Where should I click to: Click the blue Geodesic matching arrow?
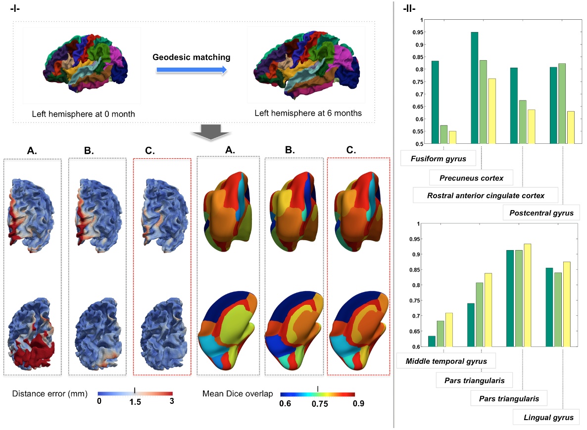(x=192, y=70)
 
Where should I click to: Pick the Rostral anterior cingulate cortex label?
(x=486, y=195)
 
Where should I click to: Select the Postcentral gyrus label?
(x=541, y=213)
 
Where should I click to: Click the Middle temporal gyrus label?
(x=446, y=361)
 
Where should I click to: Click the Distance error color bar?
(x=135, y=394)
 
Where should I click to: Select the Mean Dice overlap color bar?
(x=317, y=395)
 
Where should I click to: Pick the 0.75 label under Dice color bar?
(x=319, y=403)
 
